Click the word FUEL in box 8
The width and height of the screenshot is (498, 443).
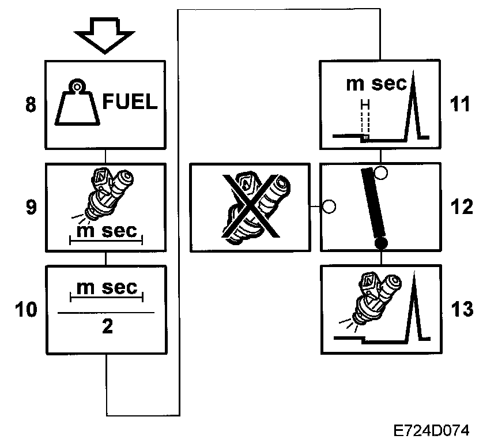[129, 103]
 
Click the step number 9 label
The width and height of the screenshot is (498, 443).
[31, 207]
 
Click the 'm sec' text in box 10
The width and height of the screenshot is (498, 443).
[107, 288]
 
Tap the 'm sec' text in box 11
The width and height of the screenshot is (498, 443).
[376, 84]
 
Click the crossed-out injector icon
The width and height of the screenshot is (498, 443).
[250, 207]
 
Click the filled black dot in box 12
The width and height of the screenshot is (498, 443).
[380, 245]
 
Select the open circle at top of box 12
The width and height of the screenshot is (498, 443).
[380, 171]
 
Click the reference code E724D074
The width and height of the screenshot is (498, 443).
[432, 430]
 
